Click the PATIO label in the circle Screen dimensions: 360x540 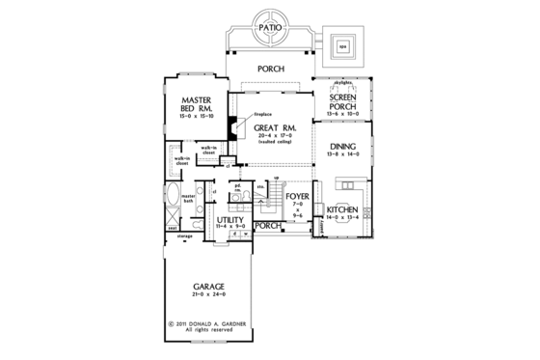click(x=270, y=31)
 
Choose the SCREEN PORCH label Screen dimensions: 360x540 click(x=343, y=103)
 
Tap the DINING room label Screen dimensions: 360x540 click(x=343, y=148)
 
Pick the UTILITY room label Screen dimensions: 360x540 click(x=231, y=220)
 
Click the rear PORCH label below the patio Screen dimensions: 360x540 click(x=270, y=69)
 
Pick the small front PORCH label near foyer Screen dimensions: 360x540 click(x=268, y=226)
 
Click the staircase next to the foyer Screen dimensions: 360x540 click(x=272, y=202)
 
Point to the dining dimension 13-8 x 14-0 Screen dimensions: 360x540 click(x=343, y=155)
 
